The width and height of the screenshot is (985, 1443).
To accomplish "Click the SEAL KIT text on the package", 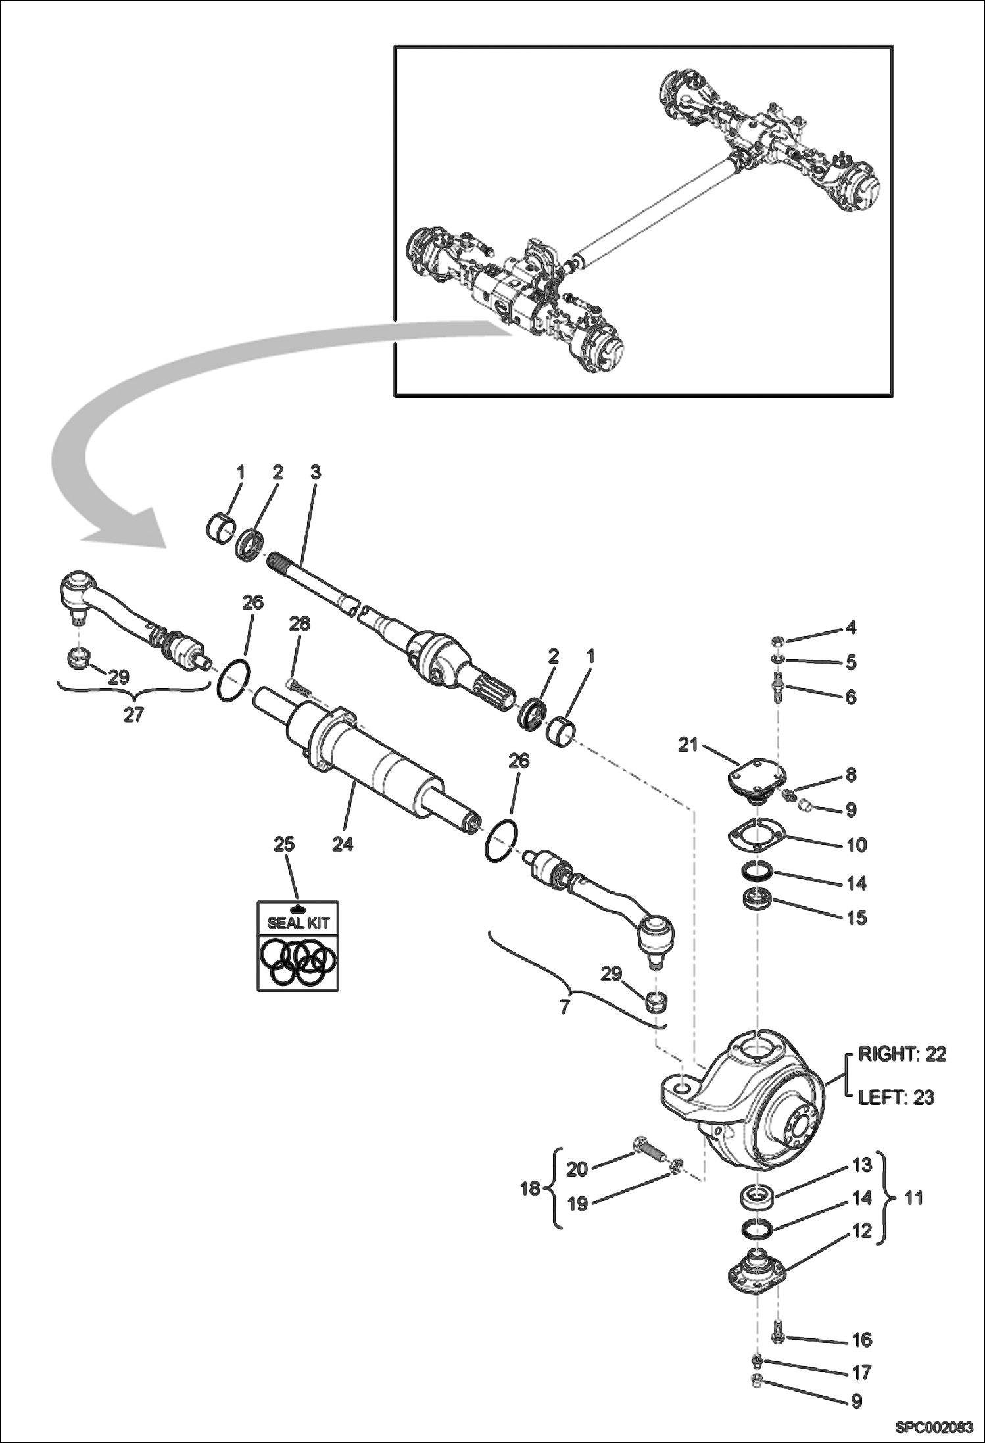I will click(x=298, y=923).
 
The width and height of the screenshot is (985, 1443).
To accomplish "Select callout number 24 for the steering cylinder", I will click(x=343, y=844).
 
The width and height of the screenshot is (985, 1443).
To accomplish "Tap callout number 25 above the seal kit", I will click(x=283, y=844).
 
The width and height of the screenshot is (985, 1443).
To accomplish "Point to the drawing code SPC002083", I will click(x=934, y=1427).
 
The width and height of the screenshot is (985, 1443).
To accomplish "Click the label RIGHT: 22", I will click(x=902, y=1054).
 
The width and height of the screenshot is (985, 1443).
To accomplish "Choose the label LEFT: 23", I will click(x=896, y=1098).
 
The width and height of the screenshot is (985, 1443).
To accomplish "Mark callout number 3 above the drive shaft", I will click(x=316, y=472).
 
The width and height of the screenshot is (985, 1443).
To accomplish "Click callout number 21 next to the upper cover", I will click(x=688, y=746).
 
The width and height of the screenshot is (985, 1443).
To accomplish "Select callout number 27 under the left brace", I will click(x=133, y=715).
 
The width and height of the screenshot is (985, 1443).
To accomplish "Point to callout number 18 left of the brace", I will click(x=531, y=1189).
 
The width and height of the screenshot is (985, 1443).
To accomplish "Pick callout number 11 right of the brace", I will click(x=914, y=1198).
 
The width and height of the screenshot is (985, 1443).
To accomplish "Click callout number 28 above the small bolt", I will click(x=300, y=624).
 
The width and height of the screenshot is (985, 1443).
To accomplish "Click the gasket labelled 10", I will click(x=756, y=835).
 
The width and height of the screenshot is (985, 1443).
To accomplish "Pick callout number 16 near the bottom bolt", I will click(x=862, y=1340).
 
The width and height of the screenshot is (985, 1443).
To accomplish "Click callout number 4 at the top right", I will click(x=851, y=627).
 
